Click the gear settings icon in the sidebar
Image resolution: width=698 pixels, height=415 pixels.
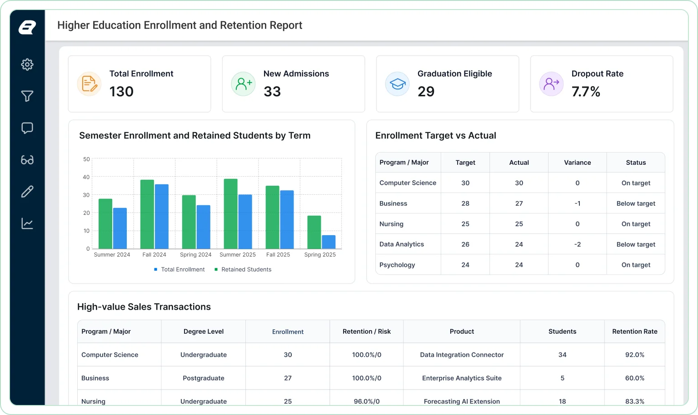pyautogui.click(x=27, y=64)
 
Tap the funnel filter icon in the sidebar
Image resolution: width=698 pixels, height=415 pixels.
pyautogui.click(x=27, y=96)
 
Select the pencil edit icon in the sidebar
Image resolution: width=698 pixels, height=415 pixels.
pyautogui.click(x=27, y=192)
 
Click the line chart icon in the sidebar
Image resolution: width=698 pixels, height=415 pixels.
pyautogui.click(x=27, y=223)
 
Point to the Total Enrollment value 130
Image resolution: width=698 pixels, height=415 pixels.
pyautogui.click(x=121, y=92)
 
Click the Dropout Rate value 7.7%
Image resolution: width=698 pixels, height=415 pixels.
pyautogui.click(x=585, y=92)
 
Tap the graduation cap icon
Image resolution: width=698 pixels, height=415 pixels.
pyautogui.click(x=397, y=84)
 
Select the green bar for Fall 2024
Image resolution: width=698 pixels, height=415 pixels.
pyautogui.click(x=147, y=214)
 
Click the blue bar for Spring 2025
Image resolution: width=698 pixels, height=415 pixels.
pyautogui.click(x=329, y=242)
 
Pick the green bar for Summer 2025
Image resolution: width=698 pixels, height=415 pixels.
pyautogui.click(x=230, y=213)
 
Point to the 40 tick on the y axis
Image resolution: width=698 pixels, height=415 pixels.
pyautogui.click(x=86, y=177)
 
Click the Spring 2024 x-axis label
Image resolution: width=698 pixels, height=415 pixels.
pyautogui.click(x=195, y=254)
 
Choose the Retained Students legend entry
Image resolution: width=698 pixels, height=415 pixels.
pyautogui.click(x=243, y=269)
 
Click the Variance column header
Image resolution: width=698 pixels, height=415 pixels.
pyautogui.click(x=577, y=163)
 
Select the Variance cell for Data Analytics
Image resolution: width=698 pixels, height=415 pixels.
pyautogui.click(x=577, y=244)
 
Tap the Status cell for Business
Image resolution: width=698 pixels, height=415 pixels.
pyautogui.click(x=636, y=203)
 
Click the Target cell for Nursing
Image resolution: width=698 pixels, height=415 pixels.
pyautogui.click(x=465, y=224)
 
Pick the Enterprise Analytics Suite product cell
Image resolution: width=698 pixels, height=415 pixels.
pyautogui.click(x=462, y=378)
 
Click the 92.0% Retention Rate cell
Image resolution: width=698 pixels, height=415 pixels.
pyautogui.click(x=634, y=355)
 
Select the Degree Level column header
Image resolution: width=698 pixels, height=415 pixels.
pyautogui.click(x=203, y=331)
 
